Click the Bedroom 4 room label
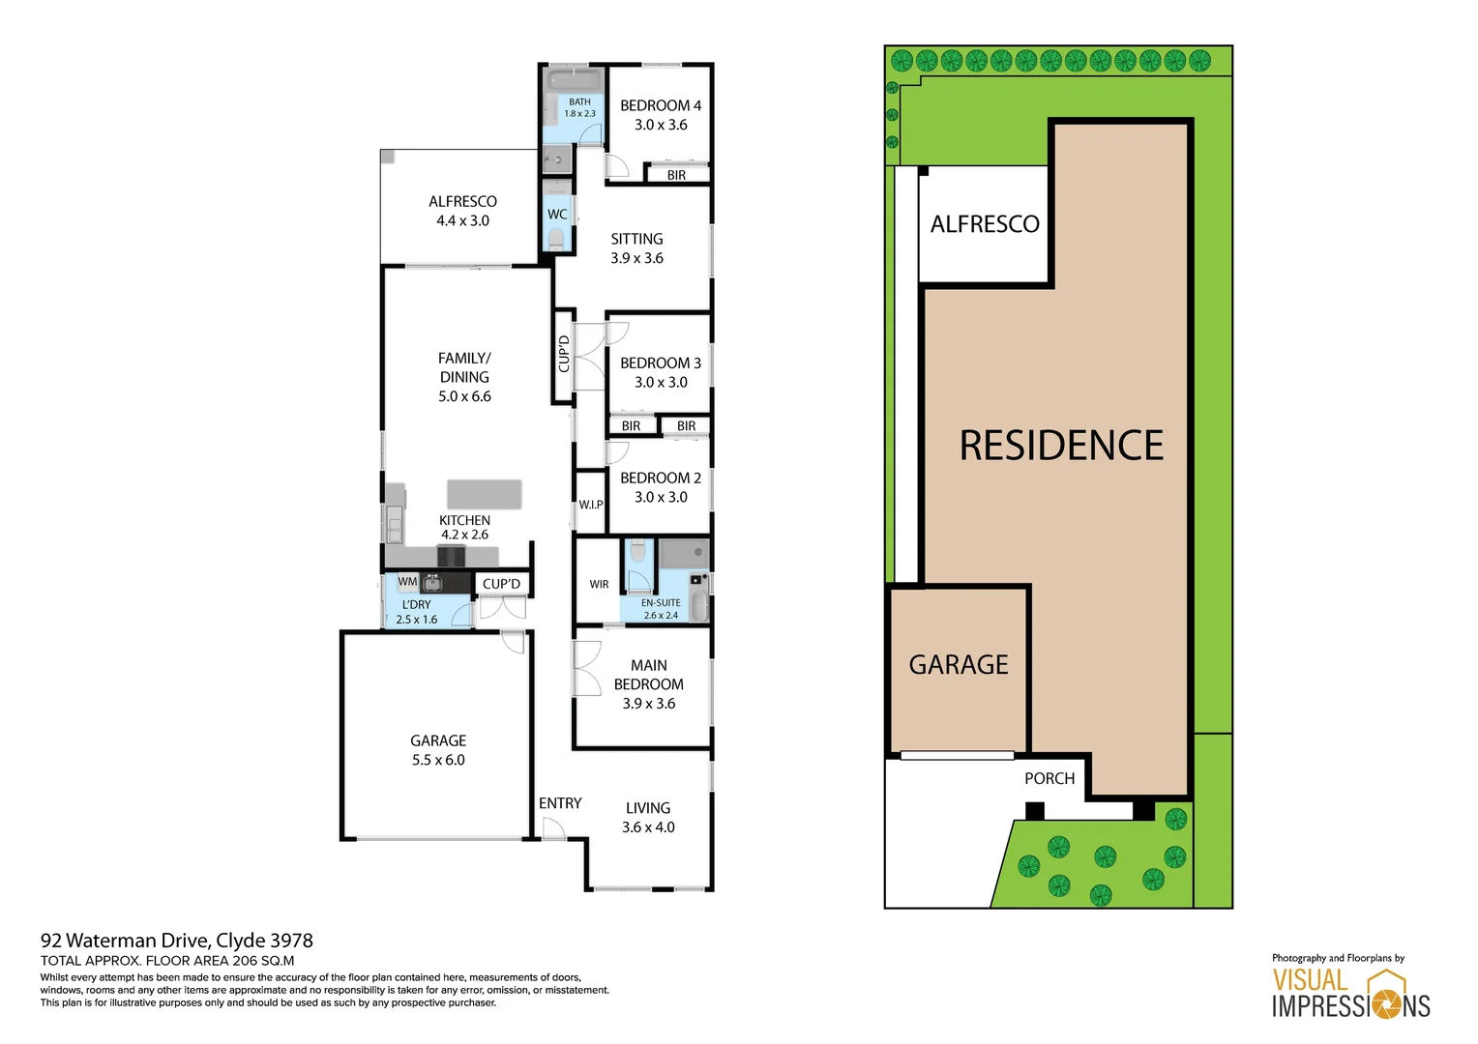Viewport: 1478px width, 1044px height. coord(661,105)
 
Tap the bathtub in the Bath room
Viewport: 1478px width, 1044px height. coord(575,79)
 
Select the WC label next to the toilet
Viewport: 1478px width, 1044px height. coord(557,215)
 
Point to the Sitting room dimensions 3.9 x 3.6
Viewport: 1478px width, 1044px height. coord(636,258)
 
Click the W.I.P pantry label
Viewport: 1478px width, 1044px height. coord(590,505)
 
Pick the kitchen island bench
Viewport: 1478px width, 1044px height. coord(484,494)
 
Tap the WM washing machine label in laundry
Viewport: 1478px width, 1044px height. coord(407,582)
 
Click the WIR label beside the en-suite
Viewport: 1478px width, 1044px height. coord(599,584)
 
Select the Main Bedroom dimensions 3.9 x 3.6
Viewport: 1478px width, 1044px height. coord(648,704)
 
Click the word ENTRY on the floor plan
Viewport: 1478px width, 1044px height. coord(560,803)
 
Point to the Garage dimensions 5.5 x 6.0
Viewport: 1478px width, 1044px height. coord(438,760)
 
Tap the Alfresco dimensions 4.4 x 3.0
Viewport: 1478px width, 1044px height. coord(462,220)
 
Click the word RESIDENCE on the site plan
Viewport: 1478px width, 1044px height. coord(1061,446)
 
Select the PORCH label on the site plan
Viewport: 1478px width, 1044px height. coord(1049,778)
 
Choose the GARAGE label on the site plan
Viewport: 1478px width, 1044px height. coord(958,665)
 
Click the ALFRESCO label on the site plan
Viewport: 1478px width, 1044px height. coord(985,224)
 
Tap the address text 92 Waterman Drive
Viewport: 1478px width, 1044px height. coord(125,941)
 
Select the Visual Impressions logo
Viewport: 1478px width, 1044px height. coord(1350,993)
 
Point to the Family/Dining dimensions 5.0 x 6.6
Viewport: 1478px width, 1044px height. coord(464,396)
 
